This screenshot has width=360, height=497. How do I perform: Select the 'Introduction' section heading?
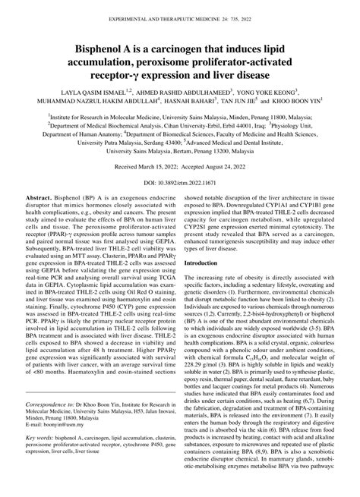(206, 284)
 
